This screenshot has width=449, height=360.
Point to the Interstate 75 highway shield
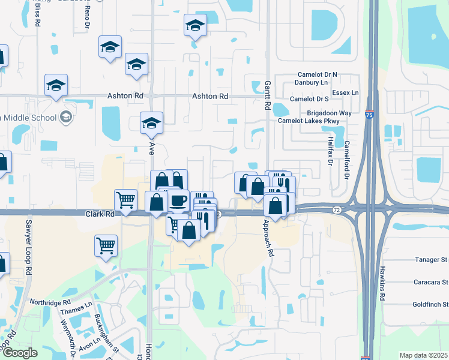367,113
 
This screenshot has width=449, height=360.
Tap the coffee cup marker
178,200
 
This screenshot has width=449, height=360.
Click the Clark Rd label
100,214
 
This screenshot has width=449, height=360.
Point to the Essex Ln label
345,93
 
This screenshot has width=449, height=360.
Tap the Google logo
20,353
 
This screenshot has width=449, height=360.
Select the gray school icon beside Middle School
67,117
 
